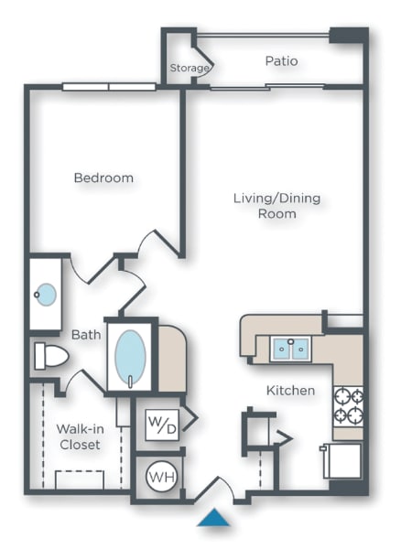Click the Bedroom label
[103, 178]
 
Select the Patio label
[281, 61]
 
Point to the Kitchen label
[290, 391]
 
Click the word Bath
[86, 335]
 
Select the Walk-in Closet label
[78, 436]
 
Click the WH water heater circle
[161, 476]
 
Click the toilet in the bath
[51, 356]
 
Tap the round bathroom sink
[45, 295]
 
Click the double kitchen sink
[290, 349]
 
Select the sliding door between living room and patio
[266, 88]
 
